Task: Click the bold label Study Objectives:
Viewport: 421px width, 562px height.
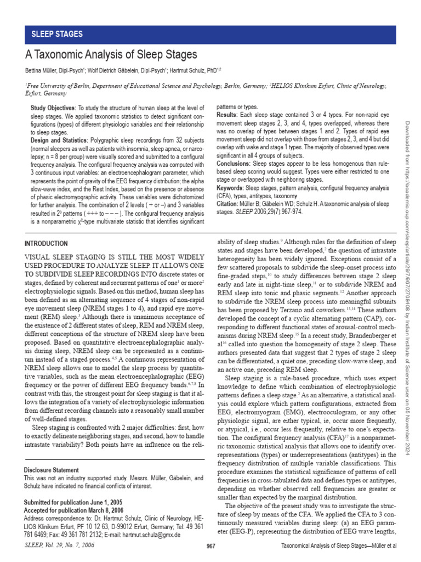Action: pos(53,109)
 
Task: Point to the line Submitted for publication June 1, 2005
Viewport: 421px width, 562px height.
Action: pos(73,502)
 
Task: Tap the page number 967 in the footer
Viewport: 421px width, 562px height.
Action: pos(210,546)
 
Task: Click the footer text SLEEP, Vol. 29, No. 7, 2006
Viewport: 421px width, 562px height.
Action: pos(56,545)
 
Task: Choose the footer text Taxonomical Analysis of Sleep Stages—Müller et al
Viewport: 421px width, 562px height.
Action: pos(338,546)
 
